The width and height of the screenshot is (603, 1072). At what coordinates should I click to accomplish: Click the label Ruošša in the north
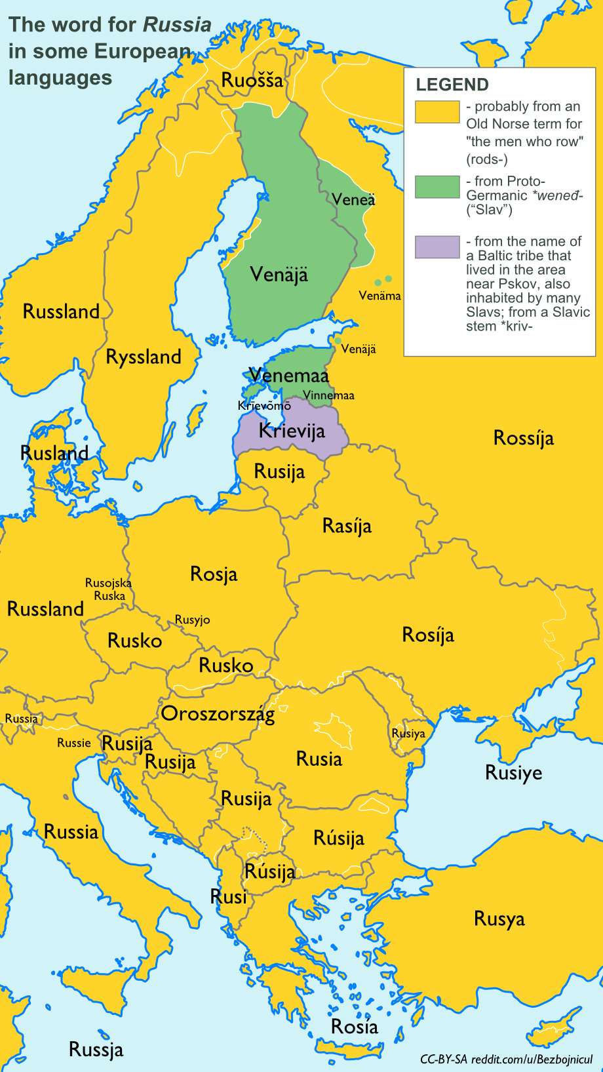(252, 81)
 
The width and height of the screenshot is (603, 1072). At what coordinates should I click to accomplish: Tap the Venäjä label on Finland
(279, 274)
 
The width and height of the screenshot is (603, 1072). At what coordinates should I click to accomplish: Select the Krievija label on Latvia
(292, 431)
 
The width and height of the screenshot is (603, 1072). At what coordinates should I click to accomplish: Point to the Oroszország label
(218, 713)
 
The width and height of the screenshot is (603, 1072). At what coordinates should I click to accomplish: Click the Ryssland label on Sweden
(144, 357)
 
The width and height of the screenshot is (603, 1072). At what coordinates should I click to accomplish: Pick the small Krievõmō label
(263, 406)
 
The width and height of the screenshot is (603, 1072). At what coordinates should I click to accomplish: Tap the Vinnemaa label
(328, 395)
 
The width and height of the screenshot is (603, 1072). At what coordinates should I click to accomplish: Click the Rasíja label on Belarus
(347, 526)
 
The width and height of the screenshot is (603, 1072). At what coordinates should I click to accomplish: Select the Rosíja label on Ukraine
(427, 635)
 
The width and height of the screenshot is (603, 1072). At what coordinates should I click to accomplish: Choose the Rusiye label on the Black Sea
(513, 773)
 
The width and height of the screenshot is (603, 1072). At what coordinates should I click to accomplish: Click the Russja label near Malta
(96, 1050)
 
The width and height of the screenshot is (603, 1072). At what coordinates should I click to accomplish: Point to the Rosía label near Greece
(354, 1026)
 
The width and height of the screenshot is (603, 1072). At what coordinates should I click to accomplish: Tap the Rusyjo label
(192, 620)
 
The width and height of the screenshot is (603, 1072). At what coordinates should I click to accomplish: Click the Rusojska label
(108, 583)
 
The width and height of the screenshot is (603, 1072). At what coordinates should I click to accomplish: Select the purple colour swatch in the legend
(437, 247)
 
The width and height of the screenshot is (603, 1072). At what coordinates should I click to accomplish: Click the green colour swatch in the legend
(437, 187)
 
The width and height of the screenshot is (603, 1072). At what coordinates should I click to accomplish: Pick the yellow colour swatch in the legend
(437, 111)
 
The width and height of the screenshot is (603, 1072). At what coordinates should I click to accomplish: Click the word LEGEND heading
(452, 85)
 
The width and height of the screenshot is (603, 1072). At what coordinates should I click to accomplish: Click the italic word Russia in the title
(177, 25)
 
